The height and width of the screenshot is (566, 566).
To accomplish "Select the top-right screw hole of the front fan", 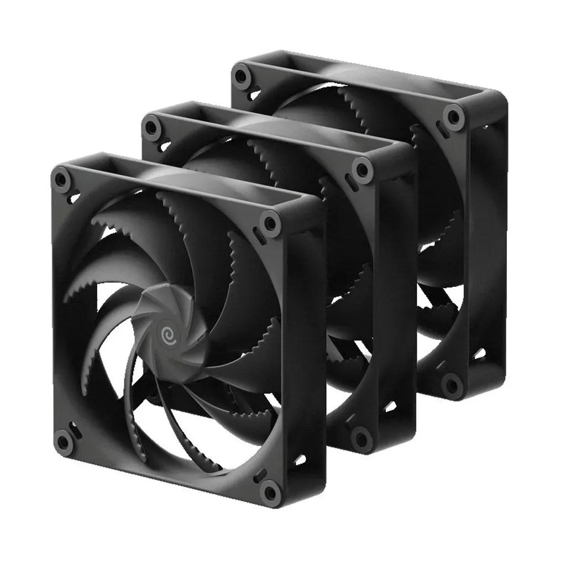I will [x=270, y=223].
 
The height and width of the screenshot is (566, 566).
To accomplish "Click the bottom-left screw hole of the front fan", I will [x=64, y=441].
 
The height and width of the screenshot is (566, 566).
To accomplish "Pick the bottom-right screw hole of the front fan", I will [x=269, y=488].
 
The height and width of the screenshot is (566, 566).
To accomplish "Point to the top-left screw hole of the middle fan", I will [x=150, y=127].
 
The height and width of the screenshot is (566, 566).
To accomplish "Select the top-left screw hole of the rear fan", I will [x=240, y=76].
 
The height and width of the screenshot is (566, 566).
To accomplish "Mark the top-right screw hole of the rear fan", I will [x=453, y=117].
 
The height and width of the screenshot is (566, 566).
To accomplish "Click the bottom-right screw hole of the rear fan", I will [x=453, y=384].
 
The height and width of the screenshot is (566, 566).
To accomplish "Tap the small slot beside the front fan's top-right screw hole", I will [x=258, y=234].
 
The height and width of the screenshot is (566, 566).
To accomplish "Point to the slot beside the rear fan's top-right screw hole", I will [x=441, y=130].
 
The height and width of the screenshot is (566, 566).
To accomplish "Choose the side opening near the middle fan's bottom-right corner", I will [x=390, y=406].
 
